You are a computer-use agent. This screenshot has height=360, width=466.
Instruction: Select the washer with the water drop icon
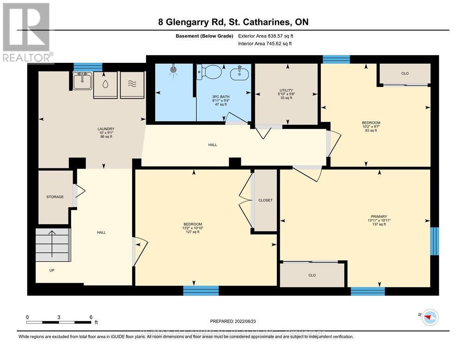pos(105,85)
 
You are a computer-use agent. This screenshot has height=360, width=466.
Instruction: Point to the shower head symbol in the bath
pos(173,70)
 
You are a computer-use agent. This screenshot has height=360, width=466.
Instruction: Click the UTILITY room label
pos(286,90)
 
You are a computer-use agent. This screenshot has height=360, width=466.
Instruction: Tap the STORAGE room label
pos(55,197)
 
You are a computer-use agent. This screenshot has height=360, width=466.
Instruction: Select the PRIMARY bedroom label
pos(379,216)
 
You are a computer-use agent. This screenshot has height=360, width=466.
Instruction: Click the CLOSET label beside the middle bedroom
pos(265,200)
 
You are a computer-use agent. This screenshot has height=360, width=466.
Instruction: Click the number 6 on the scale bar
pos(91,317)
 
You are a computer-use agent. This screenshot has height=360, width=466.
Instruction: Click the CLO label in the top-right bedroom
pos(405,74)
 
